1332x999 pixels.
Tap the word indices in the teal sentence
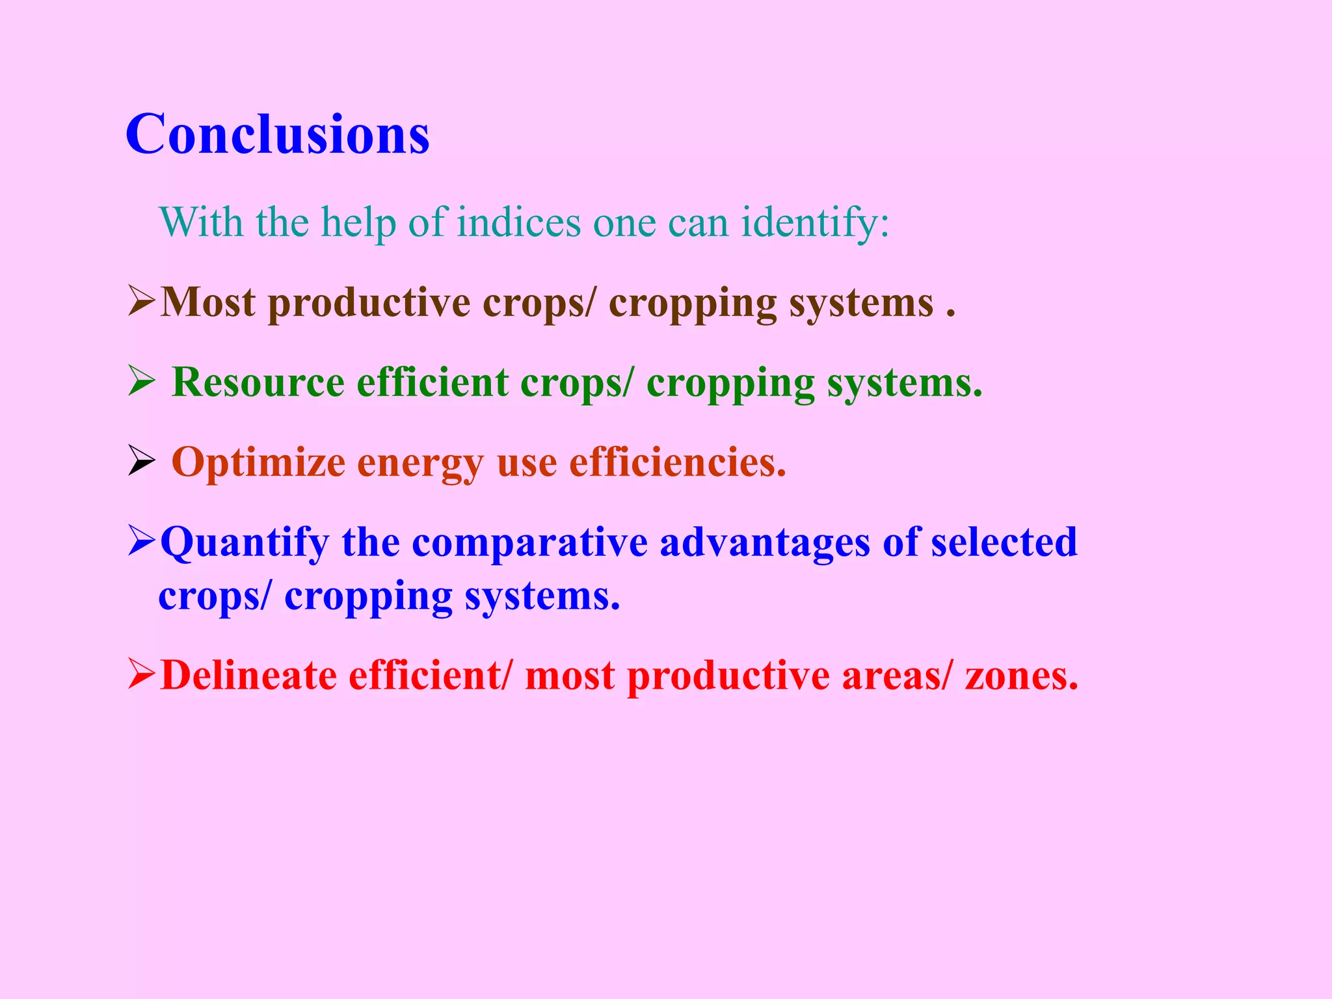click(x=518, y=222)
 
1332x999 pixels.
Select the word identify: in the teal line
click(x=815, y=222)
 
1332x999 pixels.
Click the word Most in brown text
click(x=207, y=302)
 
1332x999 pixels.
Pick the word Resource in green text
click(x=258, y=382)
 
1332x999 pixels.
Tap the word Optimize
click(x=258, y=463)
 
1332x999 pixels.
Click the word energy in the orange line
click(x=420, y=463)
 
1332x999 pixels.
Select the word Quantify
click(x=245, y=543)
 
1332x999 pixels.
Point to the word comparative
click(x=529, y=543)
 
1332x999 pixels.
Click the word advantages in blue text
click(x=764, y=543)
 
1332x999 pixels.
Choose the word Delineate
click(x=248, y=676)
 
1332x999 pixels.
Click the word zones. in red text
click(x=1021, y=676)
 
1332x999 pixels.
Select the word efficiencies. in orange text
click(x=678, y=463)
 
